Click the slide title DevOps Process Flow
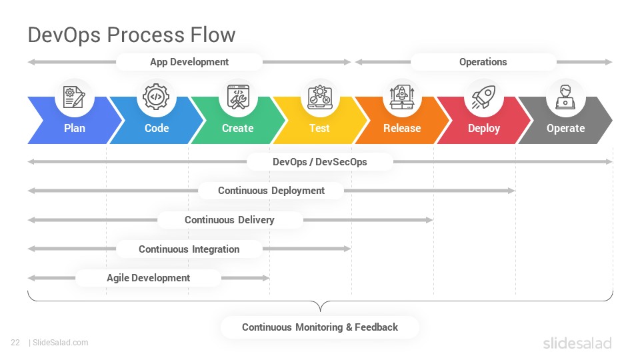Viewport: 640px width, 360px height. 131,35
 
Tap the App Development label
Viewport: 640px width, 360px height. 189,62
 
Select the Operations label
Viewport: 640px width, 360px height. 483,62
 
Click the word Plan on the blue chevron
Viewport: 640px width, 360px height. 75,128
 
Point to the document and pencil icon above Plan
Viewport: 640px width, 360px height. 74,97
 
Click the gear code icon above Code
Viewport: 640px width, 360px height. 156,97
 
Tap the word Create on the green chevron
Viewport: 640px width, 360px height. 237,128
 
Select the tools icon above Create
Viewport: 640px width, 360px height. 239,97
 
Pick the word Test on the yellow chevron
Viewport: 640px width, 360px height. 319,128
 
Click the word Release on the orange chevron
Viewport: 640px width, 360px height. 402,128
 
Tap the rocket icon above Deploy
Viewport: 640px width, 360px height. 484,97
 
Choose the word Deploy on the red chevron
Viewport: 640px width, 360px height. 484,129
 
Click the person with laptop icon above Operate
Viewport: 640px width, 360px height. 565,97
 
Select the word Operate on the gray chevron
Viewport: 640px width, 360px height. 566,129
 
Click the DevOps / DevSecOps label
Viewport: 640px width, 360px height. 319,162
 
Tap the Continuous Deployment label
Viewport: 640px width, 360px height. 271,191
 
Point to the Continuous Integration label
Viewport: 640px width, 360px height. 189,249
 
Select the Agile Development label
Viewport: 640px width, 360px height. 148,278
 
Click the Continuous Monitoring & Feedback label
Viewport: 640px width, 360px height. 320,327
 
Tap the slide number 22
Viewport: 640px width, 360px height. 15,343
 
